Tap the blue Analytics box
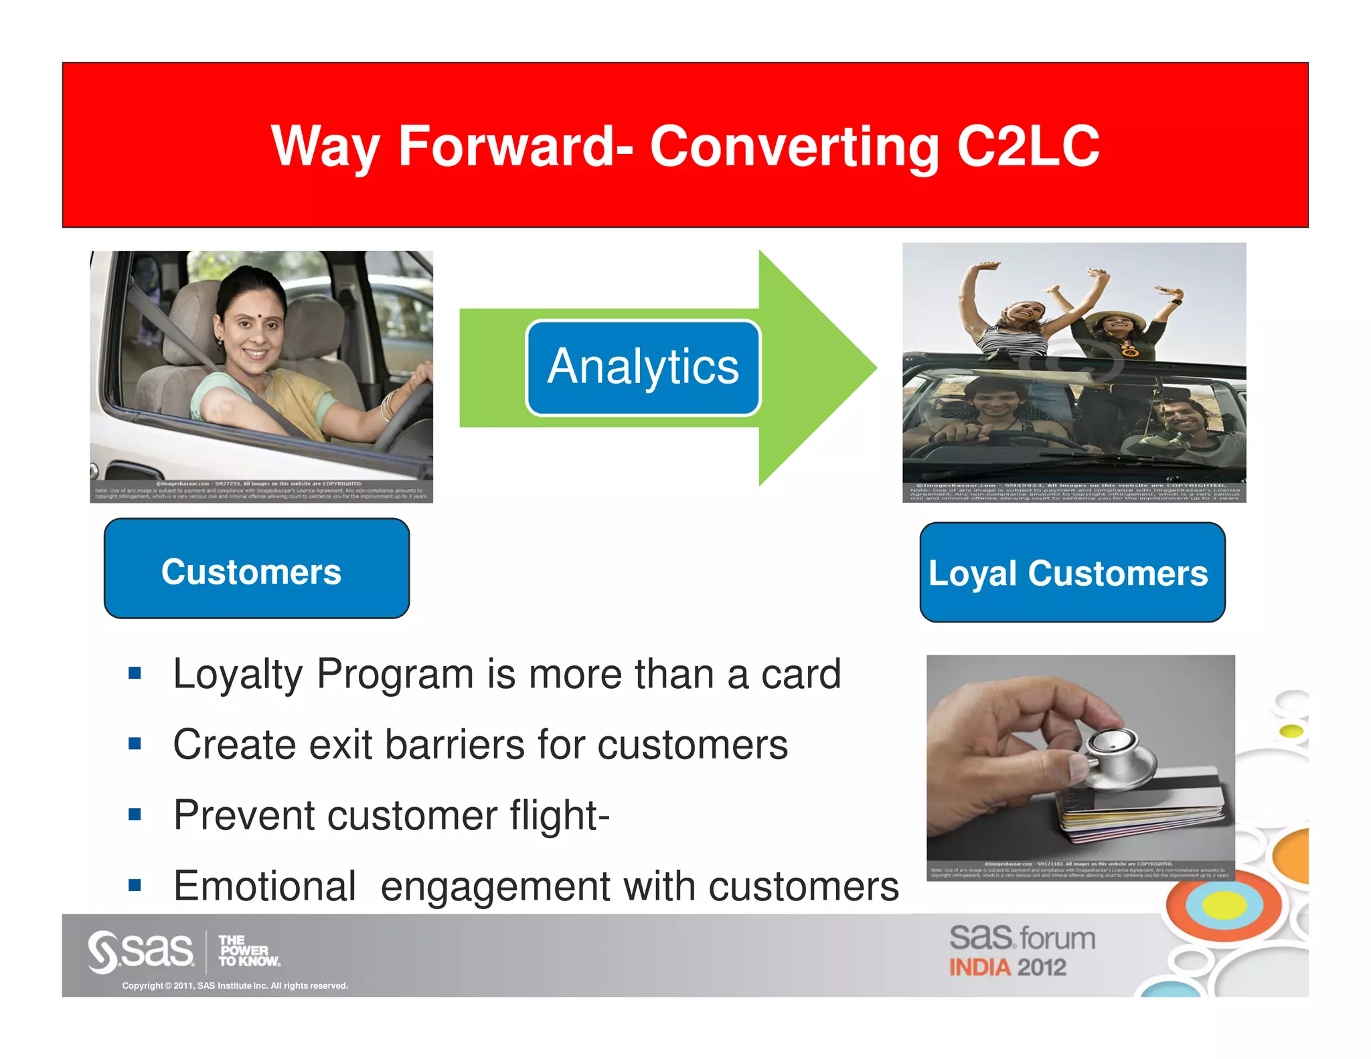[643, 368]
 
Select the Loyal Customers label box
[1072, 573]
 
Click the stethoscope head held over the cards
[1115, 753]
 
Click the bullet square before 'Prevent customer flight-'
[135, 815]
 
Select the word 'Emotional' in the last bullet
[264, 886]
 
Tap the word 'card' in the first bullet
[801, 673]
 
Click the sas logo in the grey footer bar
[141, 951]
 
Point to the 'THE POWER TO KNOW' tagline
[248, 951]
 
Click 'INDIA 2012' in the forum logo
[1007, 967]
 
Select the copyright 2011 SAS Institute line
[235, 985]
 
